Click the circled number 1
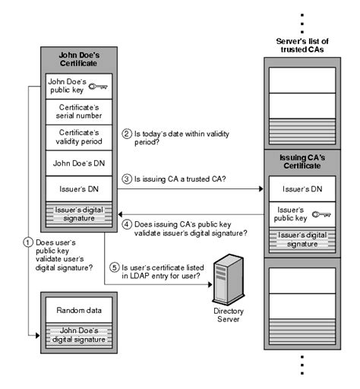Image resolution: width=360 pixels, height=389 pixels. (x=28, y=243)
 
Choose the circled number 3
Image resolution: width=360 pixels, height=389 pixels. (x=127, y=179)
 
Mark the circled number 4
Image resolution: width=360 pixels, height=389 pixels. (x=127, y=224)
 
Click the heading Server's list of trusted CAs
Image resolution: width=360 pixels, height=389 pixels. (x=302, y=45)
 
